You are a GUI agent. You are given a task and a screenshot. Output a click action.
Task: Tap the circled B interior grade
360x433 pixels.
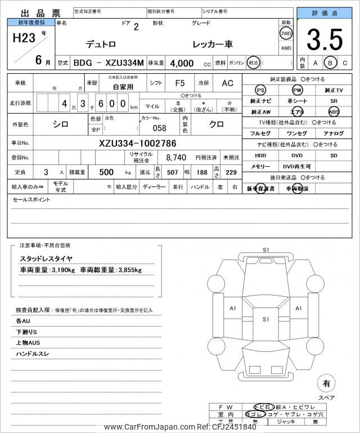331,63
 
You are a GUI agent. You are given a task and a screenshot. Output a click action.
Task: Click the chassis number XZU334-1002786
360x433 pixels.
137,143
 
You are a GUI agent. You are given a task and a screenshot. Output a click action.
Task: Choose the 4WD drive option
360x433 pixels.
286,48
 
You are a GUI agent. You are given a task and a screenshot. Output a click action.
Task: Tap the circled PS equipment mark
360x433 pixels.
260,90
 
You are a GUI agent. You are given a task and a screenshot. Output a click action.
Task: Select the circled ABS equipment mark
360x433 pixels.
334,111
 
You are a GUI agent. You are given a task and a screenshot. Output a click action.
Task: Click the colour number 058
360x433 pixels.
159,128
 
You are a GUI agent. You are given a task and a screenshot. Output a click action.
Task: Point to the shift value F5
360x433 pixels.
180,83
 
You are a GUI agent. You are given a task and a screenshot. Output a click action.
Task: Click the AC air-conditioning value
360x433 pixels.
227,83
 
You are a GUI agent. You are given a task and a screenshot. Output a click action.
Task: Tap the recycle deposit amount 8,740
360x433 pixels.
172,158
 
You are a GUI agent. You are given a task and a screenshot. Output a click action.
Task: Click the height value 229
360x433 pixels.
231,172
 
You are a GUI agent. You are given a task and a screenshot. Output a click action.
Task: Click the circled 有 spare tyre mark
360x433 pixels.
326,384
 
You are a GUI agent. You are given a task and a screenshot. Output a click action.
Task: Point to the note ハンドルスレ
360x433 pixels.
33,355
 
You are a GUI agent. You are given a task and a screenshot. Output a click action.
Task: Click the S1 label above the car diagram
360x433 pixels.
266,249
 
